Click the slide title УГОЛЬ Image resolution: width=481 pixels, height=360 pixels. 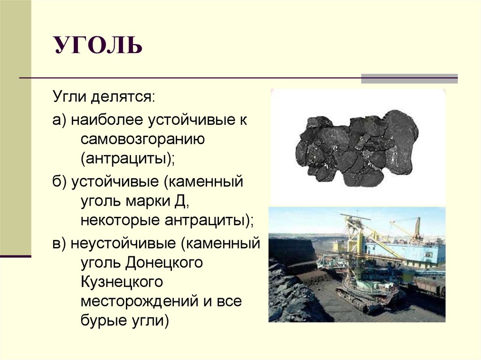pos(98,46)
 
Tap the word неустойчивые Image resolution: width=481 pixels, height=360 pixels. pos(125,244)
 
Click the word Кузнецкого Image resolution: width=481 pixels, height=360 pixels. pos(122,282)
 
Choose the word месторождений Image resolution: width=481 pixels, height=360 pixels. pos(139,301)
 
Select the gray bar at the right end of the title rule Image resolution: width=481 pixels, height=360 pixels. pos(409,78)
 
